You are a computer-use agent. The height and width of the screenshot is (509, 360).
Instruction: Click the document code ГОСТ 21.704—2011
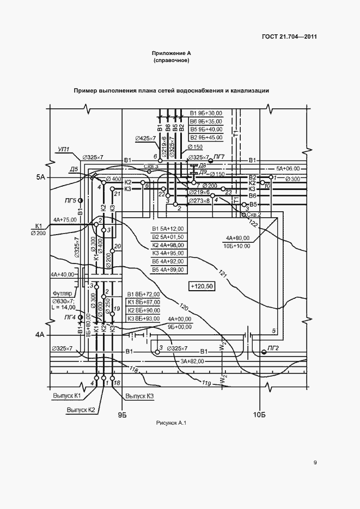pos(289,37)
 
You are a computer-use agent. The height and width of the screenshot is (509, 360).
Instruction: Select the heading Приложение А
pos(172,53)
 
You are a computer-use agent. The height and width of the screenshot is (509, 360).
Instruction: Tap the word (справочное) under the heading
pos(172,60)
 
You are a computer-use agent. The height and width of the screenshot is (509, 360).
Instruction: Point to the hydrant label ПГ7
pos(219,157)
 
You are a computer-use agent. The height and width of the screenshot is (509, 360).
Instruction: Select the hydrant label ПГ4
pos(69,317)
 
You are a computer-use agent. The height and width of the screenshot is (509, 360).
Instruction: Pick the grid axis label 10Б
pos(259,416)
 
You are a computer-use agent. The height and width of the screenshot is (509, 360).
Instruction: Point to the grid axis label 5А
pos(41,177)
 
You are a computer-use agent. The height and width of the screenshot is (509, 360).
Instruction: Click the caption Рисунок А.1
pos(171,423)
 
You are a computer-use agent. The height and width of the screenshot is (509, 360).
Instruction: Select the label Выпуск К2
pos(81,410)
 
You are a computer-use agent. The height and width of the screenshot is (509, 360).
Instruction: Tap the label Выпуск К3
pos(139,396)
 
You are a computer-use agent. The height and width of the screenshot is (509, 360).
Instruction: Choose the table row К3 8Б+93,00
pos(144,318)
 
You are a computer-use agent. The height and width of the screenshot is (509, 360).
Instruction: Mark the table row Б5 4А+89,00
pos(168,269)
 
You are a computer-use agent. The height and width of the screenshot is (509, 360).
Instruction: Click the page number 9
pos(315,463)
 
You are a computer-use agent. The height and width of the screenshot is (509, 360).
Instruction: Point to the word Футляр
pos(62,292)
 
